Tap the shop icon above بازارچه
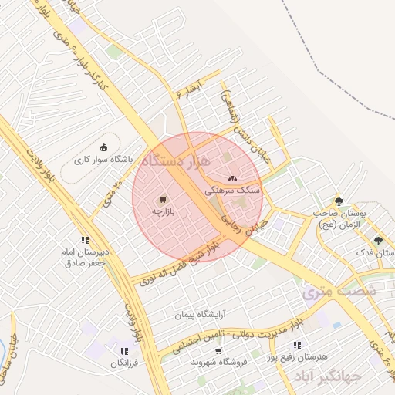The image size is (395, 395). click(163, 200)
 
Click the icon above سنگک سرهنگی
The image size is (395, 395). click(231, 178)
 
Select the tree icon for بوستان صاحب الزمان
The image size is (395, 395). click(339, 201)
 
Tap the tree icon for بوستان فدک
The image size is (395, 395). click(377, 241)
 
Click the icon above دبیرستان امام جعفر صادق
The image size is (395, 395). click(85, 240)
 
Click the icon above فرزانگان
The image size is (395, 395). click(123, 351)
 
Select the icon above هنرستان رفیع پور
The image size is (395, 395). click(297, 345)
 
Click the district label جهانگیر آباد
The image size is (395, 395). click(322, 376)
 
